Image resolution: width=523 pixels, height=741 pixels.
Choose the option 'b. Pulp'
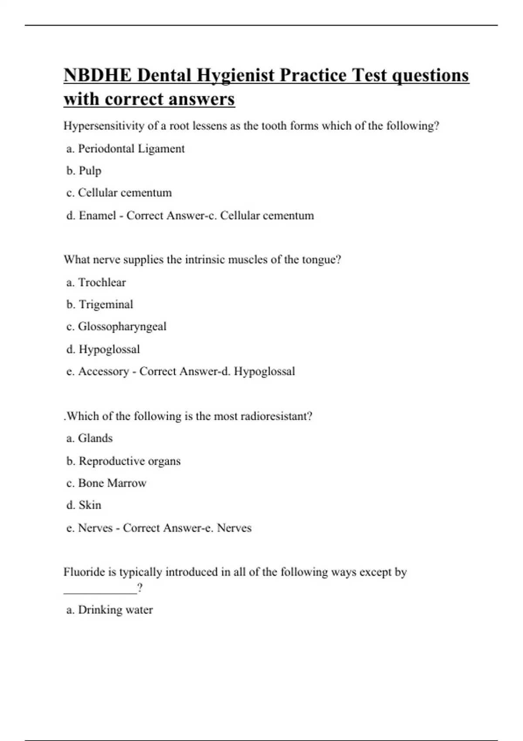coord(84,171)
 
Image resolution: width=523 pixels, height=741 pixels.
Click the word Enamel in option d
coord(97,215)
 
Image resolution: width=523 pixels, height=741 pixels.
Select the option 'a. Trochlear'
coord(96,282)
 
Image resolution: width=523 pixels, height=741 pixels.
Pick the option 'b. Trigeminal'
coord(100,304)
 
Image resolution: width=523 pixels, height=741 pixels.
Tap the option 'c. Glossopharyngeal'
coord(116,326)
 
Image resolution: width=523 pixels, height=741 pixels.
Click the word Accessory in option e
coord(103,371)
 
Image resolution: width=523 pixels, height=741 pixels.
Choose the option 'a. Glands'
coord(89,438)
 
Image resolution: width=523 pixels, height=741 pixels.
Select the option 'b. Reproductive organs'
coord(123,461)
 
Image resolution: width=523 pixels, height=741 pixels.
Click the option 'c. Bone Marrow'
coord(106,483)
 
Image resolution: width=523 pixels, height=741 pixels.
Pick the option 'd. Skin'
coord(84,505)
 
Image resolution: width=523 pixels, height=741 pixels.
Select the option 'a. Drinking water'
coord(109,609)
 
